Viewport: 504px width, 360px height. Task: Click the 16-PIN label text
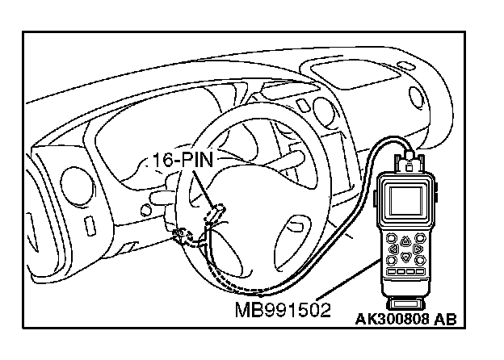coord(183,160)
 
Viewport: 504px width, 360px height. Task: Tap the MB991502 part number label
coord(283,310)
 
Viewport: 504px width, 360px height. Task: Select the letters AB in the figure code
coord(444,318)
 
